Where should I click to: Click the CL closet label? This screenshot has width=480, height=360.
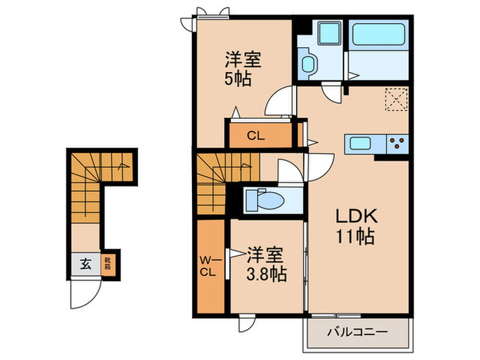click(256, 136)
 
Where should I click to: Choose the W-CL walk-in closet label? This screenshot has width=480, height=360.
click(209, 265)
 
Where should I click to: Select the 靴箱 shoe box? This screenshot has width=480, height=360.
click(108, 263)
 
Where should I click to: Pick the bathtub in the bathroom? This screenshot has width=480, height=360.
click(380, 41)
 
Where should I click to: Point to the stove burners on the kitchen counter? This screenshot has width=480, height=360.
click(397, 143)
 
